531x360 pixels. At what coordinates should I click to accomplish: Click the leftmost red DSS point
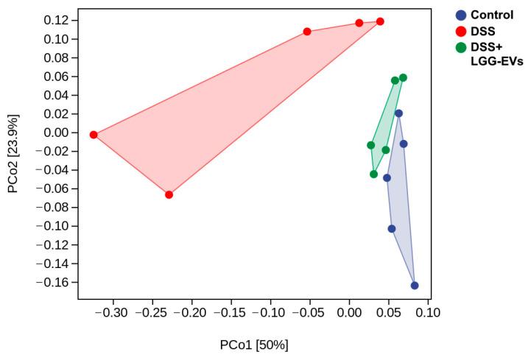coord(94,135)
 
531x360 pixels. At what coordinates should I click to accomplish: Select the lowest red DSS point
coord(169,194)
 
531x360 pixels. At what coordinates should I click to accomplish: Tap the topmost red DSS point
coord(380,21)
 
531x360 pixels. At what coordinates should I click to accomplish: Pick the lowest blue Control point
coord(415,286)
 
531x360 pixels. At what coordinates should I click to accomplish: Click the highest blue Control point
coord(398,113)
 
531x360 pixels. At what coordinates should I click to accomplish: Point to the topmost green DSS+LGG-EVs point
coord(403,78)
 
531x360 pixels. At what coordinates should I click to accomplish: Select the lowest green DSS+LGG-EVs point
coord(374,174)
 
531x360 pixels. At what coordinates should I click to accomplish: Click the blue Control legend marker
coord(461,15)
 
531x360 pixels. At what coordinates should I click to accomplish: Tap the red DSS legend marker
coord(461,31)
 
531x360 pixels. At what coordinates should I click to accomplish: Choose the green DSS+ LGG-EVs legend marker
coord(461,48)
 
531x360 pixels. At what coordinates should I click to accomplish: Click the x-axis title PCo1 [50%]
coord(254,345)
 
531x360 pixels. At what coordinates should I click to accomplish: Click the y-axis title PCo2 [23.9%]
coord(13,153)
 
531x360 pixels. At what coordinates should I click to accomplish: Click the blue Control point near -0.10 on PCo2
coord(392,229)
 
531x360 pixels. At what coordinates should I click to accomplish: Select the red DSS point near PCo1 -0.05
coord(307,32)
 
